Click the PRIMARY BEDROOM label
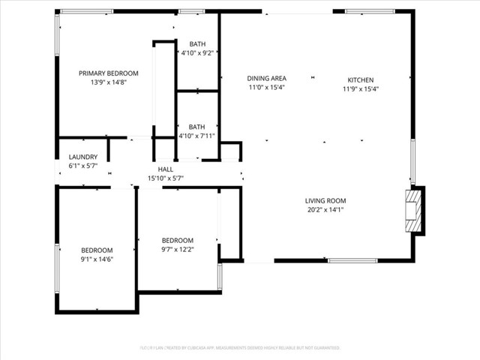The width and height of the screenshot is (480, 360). pos(109,73)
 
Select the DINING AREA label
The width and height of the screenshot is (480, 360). pos(267,78)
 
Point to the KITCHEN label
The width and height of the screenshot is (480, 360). pos(360,80)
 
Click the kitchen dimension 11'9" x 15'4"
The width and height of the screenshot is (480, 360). pos(360,88)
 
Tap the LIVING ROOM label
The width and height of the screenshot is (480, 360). pos(325,200)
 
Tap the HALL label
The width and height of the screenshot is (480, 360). pos(166,169)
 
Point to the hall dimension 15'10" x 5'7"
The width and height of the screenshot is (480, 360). pos(166,178)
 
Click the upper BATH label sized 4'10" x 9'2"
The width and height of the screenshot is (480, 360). pos(197,44)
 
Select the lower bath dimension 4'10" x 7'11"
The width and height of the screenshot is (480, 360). pos(197,136)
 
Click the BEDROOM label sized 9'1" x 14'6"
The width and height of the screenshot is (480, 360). pos(97,250)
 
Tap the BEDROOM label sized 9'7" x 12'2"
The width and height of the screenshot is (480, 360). pos(177,240)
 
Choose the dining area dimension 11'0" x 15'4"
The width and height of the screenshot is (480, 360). pos(267,87)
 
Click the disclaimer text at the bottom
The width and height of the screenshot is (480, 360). pos(240,348)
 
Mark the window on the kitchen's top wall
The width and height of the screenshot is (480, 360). pos(370,11)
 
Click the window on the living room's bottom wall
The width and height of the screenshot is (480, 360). pos(352,260)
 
